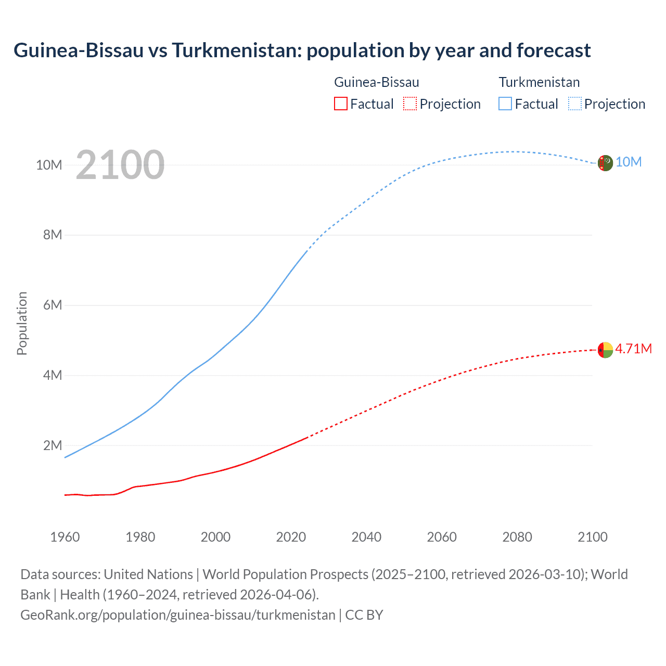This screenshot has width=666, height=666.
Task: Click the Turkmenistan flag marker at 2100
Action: click(x=605, y=163)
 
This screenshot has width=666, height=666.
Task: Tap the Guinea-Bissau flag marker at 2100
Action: click(x=605, y=350)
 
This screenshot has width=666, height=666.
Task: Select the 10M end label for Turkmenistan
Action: click(x=629, y=162)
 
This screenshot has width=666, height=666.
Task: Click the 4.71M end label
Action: click(x=633, y=349)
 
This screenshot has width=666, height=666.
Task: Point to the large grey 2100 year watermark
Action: click(x=120, y=165)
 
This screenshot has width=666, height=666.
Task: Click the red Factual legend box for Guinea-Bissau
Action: click(x=340, y=104)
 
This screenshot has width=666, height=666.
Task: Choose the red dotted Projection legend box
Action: click(x=410, y=104)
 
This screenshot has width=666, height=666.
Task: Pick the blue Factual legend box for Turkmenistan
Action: click(x=505, y=104)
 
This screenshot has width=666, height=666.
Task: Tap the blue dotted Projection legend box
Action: click(x=575, y=104)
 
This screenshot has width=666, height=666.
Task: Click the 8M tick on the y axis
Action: click(x=53, y=235)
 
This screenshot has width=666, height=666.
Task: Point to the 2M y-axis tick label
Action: click(x=53, y=445)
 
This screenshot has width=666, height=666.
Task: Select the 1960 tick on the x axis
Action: click(x=65, y=537)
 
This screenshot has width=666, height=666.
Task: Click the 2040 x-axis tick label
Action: click(x=366, y=537)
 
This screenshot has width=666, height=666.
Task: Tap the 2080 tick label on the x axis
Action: click(x=517, y=537)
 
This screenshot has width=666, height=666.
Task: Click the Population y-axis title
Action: click(x=22, y=323)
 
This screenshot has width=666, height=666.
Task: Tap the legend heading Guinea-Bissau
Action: click(x=376, y=82)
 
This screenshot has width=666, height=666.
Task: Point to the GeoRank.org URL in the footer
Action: click(x=178, y=615)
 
